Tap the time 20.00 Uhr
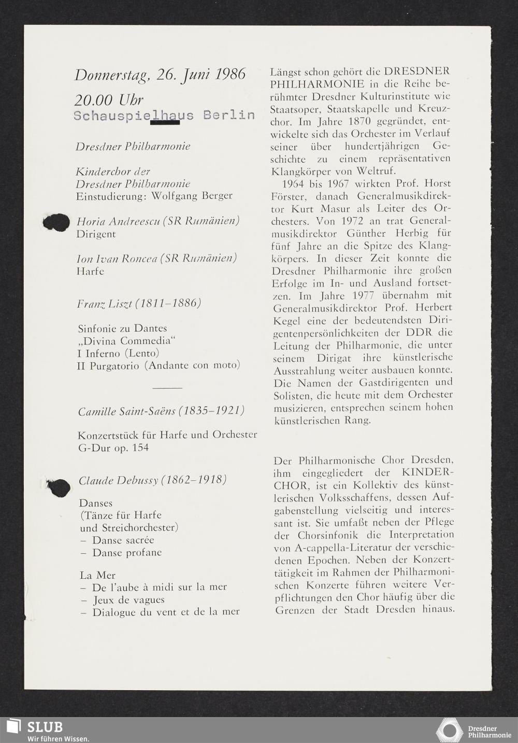108,100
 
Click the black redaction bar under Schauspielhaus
165,123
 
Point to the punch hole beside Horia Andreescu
56,223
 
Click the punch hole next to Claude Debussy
59,488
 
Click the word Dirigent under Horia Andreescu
96,234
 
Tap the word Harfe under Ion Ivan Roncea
90,271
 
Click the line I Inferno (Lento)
118,353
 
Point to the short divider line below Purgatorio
168,387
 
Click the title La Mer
97,575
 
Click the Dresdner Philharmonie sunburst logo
449,730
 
